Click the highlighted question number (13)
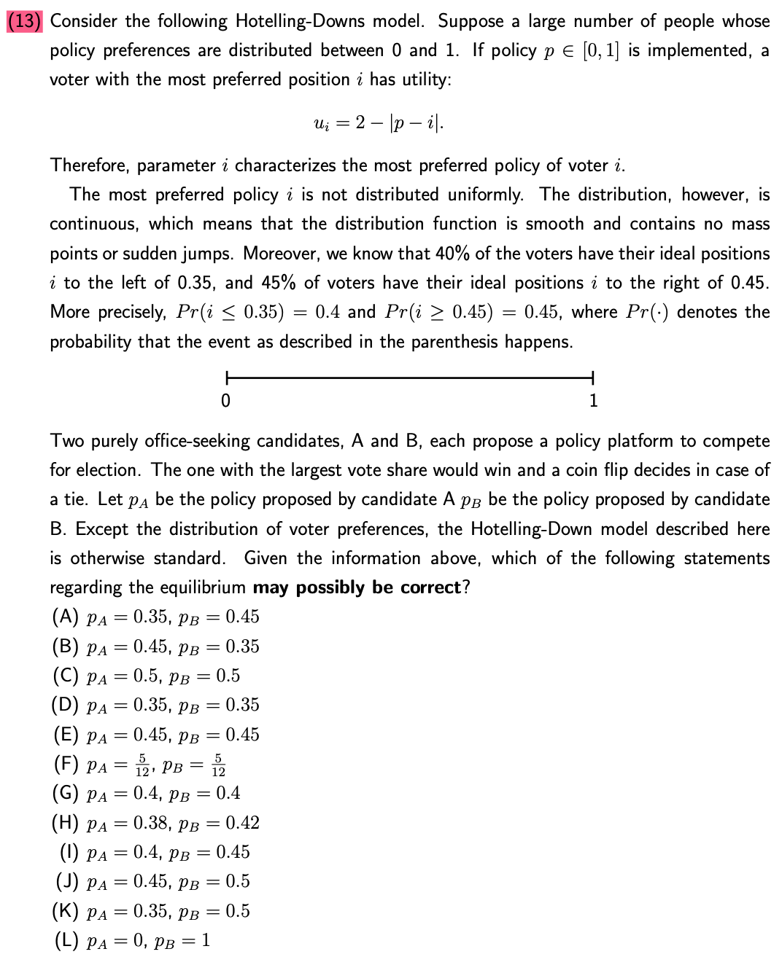point(25,21)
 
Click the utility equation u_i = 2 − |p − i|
point(378,122)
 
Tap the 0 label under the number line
point(225,401)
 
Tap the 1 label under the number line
point(593,401)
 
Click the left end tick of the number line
point(227,378)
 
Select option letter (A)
point(65,617)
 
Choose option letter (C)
point(65,676)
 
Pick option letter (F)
point(66,764)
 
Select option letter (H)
point(65,823)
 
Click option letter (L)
point(66,940)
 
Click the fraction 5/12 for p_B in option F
point(218,765)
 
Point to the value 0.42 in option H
point(242,823)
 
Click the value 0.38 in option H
point(150,823)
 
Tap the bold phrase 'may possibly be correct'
point(357,587)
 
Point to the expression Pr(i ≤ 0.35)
point(230,312)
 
